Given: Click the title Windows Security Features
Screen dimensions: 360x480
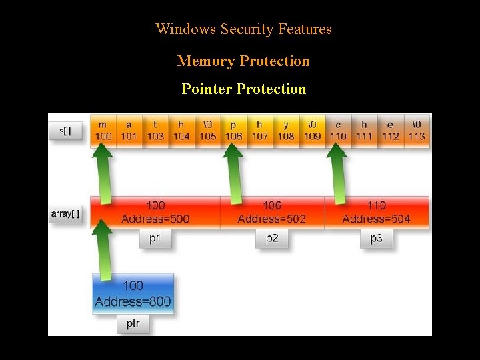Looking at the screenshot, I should pyautogui.click(x=243, y=29).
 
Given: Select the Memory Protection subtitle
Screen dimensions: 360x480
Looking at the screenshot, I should pyautogui.click(x=243, y=61).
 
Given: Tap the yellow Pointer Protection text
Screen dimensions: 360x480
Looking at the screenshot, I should pyautogui.click(x=243, y=89).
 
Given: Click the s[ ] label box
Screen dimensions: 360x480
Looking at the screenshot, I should pyautogui.click(x=65, y=131).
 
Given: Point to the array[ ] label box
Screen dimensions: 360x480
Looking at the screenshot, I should pyautogui.click(x=65, y=214).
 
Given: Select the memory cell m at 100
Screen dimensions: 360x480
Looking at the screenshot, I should pyautogui.click(x=103, y=131).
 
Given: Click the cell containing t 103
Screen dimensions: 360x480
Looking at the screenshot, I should pyautogui.click(x=155, y=131).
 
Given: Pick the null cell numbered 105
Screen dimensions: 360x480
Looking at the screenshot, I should pyautogui.click(x=207, y=131).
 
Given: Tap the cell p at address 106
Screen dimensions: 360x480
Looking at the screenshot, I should pyautogui.click(x=233, y=131).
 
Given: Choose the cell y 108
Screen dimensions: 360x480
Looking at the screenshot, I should pyautogui.click(x=285, y=131).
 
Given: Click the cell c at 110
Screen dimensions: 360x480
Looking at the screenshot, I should pyautogui.click(x=338, y=131).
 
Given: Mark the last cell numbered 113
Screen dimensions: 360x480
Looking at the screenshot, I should pyautogui.click(x=417, y=131).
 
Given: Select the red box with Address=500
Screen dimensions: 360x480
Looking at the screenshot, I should pyautogui.click(x=155, y=212).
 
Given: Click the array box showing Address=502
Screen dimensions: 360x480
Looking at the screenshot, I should pyautogui.click(x=272, y=212).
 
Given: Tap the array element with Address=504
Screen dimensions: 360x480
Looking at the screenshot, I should pyautogui.click(x=377, y=212).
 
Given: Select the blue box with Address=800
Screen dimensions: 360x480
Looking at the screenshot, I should pyautogui.click(x=133, y=293).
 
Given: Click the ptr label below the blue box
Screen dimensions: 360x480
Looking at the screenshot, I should pyautogui.click(x=133, y=324).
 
